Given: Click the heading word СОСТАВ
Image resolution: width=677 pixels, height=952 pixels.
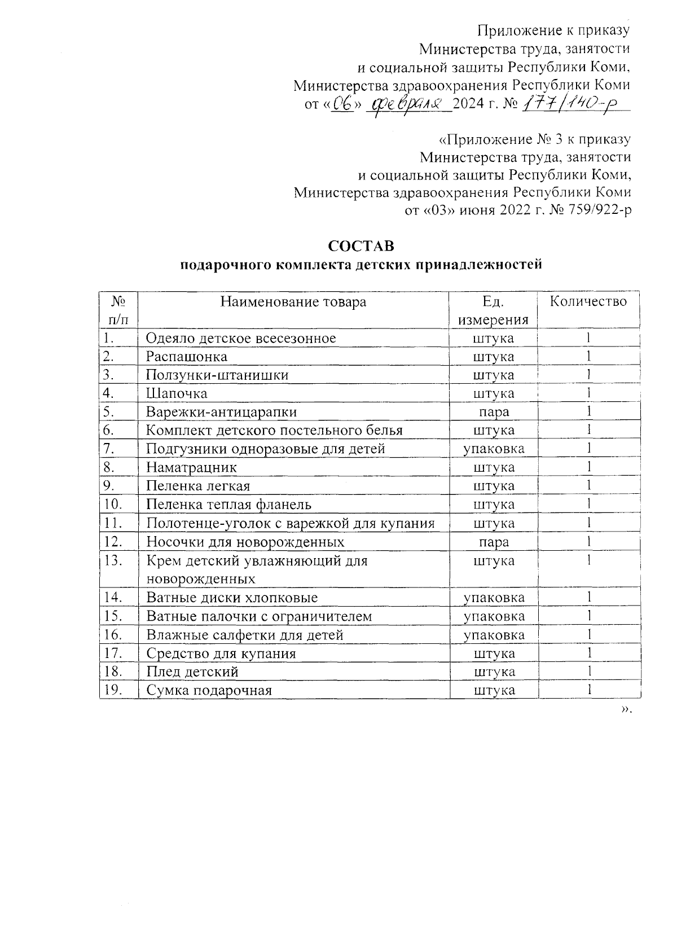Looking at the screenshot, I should click(x=361, y=246).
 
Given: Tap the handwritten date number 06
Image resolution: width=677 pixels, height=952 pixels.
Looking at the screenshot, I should click(x=341, y=104).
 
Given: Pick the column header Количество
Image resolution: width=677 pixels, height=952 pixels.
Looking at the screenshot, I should click(x=588, y=301).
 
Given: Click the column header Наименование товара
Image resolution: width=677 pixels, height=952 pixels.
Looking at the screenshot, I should click(x=293, y=301).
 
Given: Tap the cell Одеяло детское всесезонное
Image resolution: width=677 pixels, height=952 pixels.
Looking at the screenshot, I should click(x=241, y=338).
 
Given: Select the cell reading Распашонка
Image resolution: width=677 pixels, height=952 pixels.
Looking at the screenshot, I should click(x=187, y=357).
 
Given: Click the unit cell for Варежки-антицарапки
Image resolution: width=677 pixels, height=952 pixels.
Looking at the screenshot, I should click(x=493, y=412).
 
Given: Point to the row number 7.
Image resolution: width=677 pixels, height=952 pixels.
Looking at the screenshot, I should click(x=109, y=449).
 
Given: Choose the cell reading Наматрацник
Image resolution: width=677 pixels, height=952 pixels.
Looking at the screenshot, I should click(x=191, y=467).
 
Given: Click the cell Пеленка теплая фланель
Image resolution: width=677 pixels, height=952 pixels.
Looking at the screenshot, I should click(x=228, y=504).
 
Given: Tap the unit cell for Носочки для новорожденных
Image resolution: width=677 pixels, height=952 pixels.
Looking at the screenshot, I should click(x=493, y=542).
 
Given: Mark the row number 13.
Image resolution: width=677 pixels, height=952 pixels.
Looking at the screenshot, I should click(x=113, y=560).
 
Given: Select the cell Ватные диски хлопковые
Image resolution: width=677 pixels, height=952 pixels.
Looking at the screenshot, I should click(x=232, y=598).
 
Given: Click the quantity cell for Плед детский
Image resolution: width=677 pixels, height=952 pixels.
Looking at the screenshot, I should click(x=588, y=672).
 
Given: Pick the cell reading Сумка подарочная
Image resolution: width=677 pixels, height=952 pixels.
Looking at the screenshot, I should click(x=209, y=690).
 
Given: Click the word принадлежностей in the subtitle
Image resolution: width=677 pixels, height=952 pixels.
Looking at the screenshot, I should click(x=478, y=264).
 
